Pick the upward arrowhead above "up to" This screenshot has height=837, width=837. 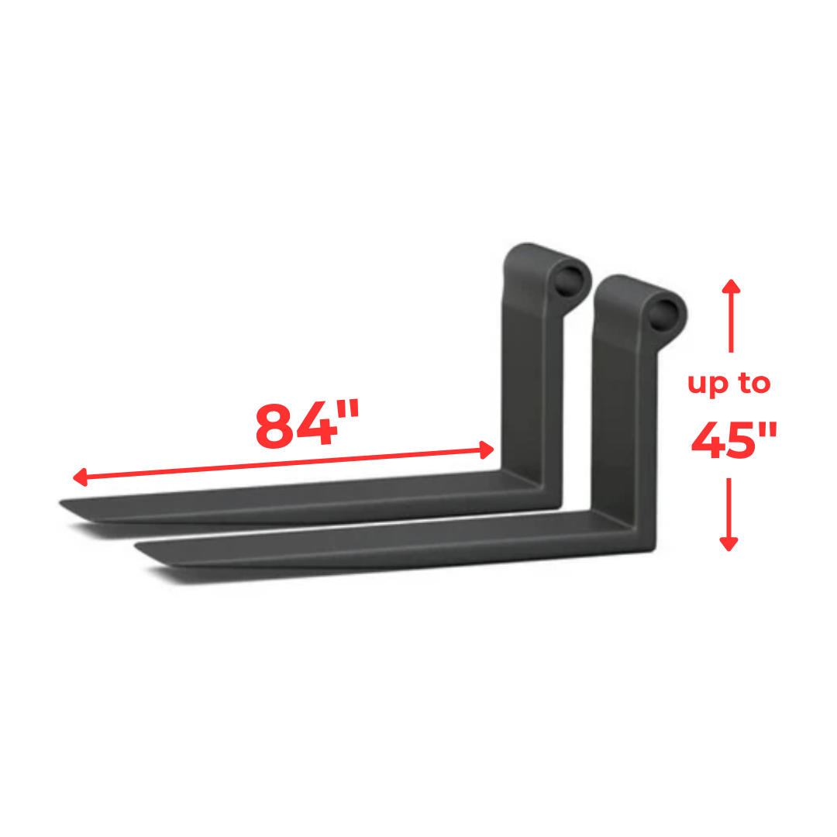(x=731, y=285)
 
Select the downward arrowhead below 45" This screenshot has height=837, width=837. (x=728, y=544)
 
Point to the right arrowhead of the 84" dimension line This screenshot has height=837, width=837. (x=487, y=449)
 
